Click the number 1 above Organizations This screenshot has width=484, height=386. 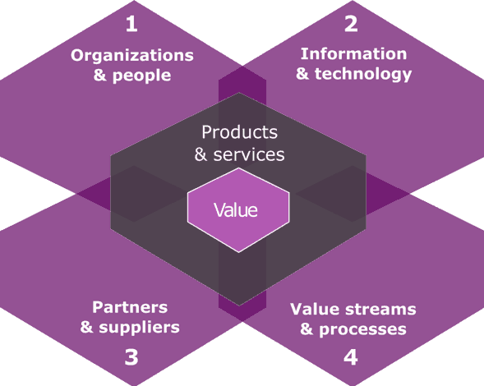click(131, 24)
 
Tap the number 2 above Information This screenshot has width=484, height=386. click(351, 24)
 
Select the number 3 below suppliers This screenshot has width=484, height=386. click(131, 357)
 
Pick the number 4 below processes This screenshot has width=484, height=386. click(351, 357)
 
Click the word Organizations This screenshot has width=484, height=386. click(132, 56)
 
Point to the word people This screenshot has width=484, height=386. click(141, 76)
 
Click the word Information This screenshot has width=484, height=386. click(353, 54)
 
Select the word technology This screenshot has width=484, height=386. click(363, 74)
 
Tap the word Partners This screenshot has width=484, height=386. click(130, 307)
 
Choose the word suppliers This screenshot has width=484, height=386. click(139, 328)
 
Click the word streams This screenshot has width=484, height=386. click(380, 309)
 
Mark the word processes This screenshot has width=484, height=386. click(362, 329)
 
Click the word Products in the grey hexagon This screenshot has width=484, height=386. click(239, 132)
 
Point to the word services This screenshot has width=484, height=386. click(249, 154)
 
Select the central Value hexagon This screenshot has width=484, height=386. click(238, 210)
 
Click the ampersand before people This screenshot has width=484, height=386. click(100, 76)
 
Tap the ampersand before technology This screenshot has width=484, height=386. click(302, 74)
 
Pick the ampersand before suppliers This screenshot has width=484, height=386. click(87, 328)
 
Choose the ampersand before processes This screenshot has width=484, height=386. click(307, 329)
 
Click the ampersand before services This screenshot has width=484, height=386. click(201, 154)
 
